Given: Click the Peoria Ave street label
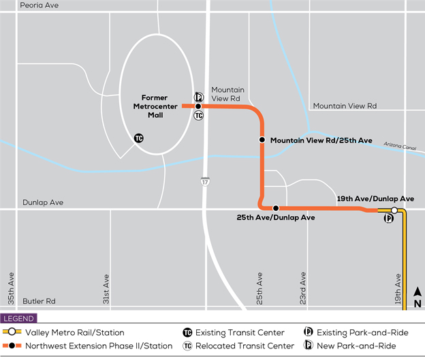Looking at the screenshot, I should (x=40, y=5).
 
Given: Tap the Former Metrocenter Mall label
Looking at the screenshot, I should (x=155, y=102).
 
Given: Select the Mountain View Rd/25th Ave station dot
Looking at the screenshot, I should (x=262, y=140).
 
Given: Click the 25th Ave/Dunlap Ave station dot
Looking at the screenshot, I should (x=276, y=208).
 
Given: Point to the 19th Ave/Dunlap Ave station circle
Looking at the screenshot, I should (x=394, y=210).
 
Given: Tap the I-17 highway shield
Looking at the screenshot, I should (x=205, y=182).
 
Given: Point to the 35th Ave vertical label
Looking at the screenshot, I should (x=11, y=289).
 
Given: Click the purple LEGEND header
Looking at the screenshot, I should (x=18, y=318).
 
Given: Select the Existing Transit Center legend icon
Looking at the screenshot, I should (x=187, y=333).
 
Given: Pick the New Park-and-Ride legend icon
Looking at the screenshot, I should (x=309, y=346).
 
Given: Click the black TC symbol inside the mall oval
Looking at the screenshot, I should (x=139, y=138).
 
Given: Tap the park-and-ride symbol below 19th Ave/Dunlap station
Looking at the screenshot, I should (x=389, y=219).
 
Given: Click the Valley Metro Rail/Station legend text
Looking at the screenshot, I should (x=75, y=333).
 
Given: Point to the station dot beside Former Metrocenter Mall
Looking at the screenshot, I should (x=198, y=106).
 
